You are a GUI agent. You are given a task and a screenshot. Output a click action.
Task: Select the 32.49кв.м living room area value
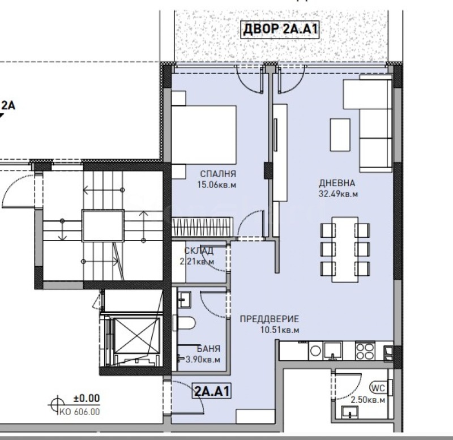coord(339,194)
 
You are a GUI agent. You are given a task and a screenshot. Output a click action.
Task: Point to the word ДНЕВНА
coord(337,183)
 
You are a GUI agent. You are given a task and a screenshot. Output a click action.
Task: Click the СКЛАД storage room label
coord(199,251)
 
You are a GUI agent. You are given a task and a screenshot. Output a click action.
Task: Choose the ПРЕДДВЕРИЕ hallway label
coord(268,319)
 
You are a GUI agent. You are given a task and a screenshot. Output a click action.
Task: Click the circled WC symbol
coord(378,388)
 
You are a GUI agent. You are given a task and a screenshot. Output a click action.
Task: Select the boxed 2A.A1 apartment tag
coord(213,391)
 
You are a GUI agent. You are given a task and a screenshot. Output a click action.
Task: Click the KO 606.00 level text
coord(79,413)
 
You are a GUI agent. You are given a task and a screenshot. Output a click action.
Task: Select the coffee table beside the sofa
coord(341,134)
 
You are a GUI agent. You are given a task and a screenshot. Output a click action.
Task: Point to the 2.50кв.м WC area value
coord(368,400)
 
